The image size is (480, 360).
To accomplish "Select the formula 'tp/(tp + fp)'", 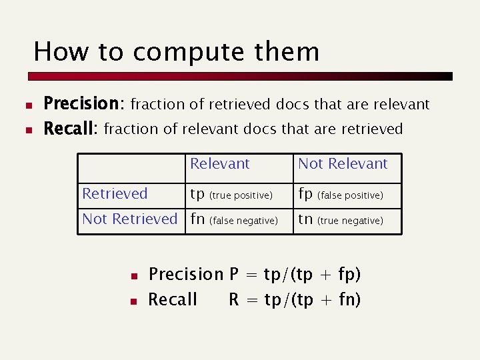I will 312,275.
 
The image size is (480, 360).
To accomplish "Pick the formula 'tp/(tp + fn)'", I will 312,300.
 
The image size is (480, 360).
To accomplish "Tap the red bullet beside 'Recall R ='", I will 133,301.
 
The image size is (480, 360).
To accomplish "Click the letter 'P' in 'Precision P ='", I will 234,275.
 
